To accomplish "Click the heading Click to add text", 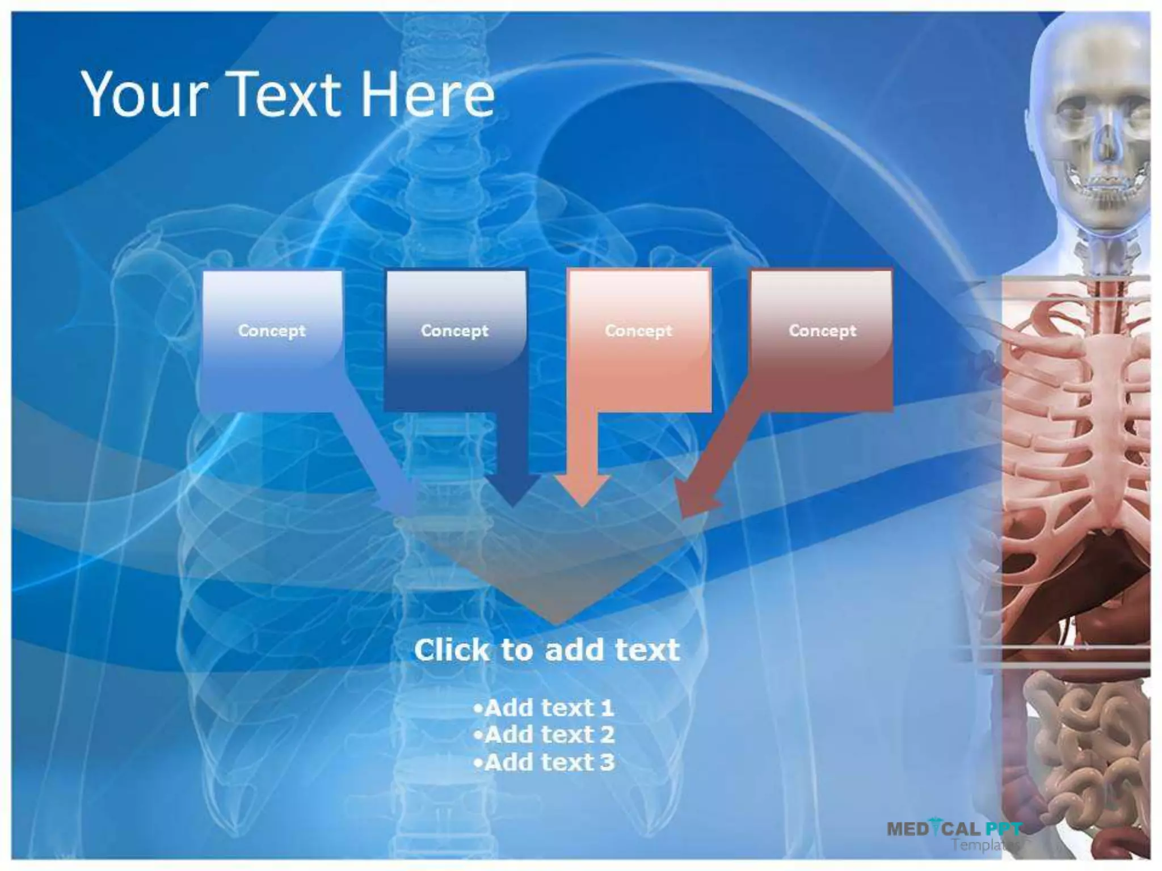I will (546, 650).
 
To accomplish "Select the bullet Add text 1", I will (544, 708).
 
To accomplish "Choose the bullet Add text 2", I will (544, 735).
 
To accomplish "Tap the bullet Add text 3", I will (544, 762).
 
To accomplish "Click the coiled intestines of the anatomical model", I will (1078, 749).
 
